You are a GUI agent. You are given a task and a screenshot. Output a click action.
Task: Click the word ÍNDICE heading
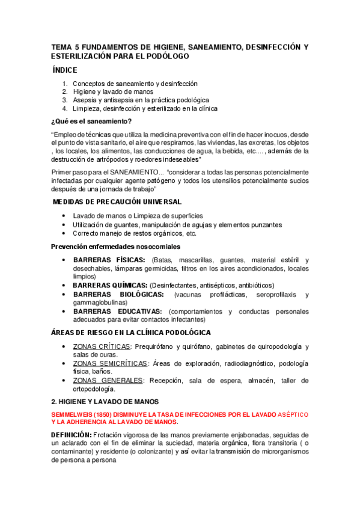(69, 70)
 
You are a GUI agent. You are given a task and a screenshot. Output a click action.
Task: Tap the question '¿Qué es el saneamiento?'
(92, 121)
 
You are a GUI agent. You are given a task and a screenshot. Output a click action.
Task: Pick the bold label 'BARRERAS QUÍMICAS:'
(110, 285)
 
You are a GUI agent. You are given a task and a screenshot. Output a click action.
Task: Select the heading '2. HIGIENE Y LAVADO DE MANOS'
(105, 401)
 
